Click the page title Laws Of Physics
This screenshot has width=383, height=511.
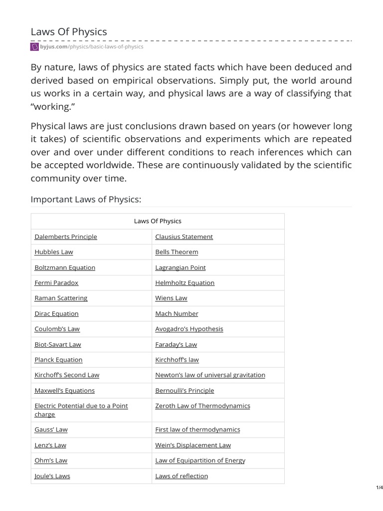[x=69, y=32]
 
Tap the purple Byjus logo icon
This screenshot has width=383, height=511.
[x=34, y=47]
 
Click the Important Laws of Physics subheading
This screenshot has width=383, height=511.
[x=86, y=200]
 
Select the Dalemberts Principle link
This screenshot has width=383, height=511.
[x=66, y=237]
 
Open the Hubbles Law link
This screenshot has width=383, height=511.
[x=54, y=252]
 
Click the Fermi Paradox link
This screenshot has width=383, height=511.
[x=56, y=282]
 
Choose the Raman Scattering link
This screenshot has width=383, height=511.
[x=61, y=298]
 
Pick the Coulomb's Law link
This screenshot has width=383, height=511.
[x=57, y=329]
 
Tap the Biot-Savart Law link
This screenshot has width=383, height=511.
[x=58, y=344]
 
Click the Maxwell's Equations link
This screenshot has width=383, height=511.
[x=64, y=390]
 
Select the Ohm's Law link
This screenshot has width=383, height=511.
[x=51, y=460]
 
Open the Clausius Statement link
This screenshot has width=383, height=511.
[x=184, y=237]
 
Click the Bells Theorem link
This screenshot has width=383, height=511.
[x=177, y=252]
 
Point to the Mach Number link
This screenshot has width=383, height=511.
[x=177, y=313]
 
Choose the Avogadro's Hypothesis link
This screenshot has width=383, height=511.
[x=189, y=329]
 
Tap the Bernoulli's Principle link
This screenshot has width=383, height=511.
[x=185, y=390]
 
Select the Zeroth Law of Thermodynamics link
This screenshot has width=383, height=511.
[x=202, y=406]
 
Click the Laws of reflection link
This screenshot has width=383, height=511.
[x=182, y=476]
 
